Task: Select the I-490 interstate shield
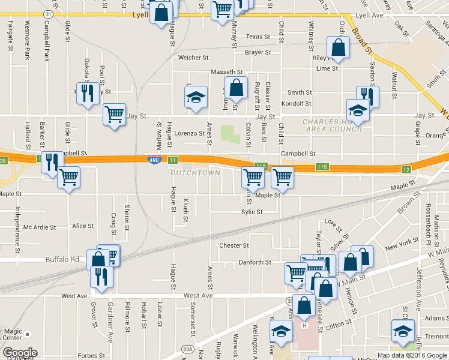154,160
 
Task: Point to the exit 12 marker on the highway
406,170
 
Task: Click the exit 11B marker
322,166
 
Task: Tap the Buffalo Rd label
62,259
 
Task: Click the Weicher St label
193,58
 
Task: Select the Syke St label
252,212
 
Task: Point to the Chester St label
234,245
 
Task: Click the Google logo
20,353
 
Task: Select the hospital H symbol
304,326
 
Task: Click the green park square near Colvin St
229,133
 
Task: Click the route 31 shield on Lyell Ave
48,13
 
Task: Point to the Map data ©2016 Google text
412,355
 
